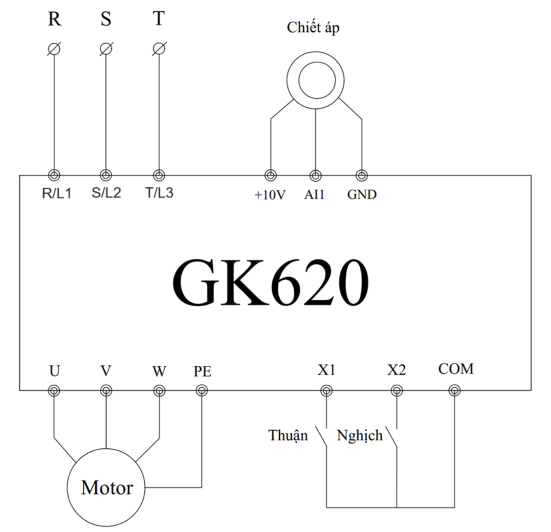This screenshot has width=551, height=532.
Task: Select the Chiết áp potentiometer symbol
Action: [316, 81]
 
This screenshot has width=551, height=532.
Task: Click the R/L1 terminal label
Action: [57, 193]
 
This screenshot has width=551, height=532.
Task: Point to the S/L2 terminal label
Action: [106, 193]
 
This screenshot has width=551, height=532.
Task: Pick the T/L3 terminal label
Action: [159, 193]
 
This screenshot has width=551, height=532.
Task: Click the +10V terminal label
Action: [270, 195]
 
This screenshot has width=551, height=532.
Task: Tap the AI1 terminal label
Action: [315, 195]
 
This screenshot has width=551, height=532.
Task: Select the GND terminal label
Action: [362, 195]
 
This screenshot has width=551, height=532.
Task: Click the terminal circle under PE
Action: [201, 390]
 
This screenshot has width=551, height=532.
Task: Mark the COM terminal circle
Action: [455, 390]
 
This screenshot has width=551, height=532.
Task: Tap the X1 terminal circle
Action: [327, 390]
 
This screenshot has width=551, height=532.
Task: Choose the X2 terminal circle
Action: [397, 390]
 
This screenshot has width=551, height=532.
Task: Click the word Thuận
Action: [288, 436]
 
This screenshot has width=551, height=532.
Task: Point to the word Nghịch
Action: [360, 436]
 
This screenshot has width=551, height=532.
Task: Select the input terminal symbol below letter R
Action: [54, 49]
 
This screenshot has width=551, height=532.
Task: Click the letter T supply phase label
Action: [159, 18]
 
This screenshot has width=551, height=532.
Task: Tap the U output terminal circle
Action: [54, 390]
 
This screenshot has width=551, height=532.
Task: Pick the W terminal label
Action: [159, 371]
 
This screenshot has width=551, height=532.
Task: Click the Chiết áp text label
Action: [313, 28]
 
